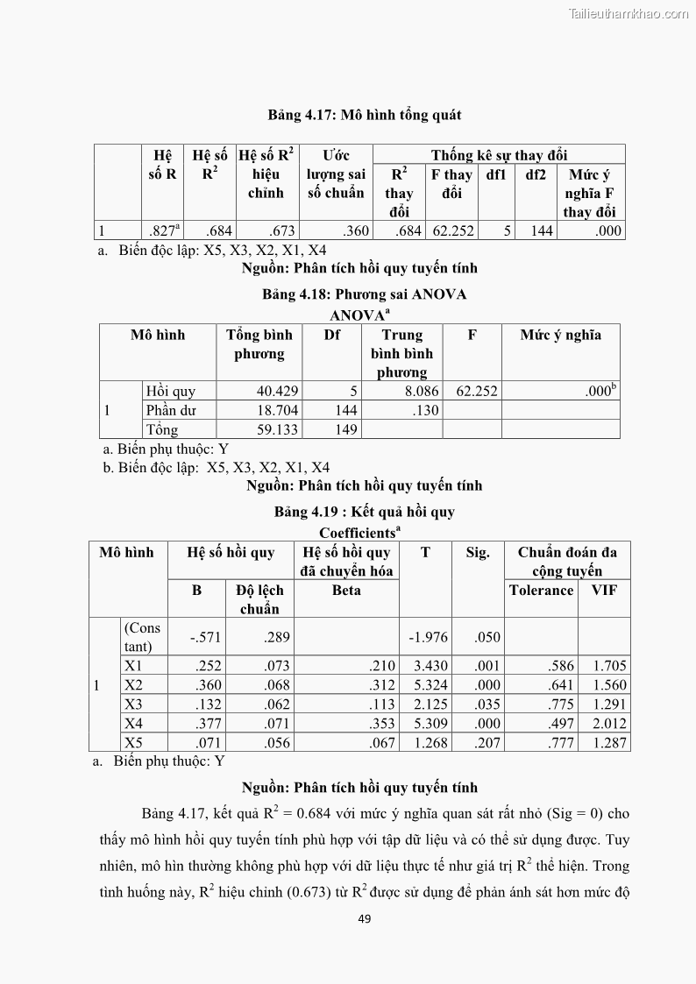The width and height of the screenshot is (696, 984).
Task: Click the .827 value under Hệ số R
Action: [x=163, y=231]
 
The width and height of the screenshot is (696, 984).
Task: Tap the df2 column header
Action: [x=536, y=174]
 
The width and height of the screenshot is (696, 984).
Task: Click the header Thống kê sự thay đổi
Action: [x=499, y=156]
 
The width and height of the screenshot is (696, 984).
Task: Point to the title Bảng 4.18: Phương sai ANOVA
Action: [x=364, y=294]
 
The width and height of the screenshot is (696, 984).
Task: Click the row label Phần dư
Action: [x=171, y=410]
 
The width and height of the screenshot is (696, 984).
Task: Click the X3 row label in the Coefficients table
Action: [x=133, y=704]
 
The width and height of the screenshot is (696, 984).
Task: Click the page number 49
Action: [x=366, y=918]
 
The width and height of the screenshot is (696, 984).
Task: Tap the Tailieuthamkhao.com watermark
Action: [x=629, y=13]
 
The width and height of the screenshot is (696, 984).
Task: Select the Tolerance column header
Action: [x=541, y=590]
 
